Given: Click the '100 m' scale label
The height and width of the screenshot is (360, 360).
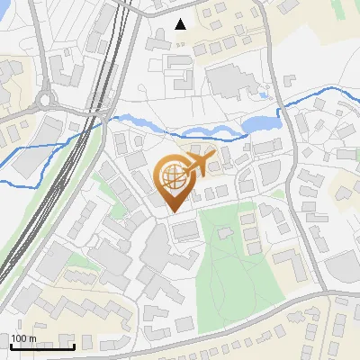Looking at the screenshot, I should point(24,338).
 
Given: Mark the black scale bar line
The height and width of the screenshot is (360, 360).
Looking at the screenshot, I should point(42,346).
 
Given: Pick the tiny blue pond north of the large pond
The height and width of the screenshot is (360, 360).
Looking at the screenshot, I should point(263,93).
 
